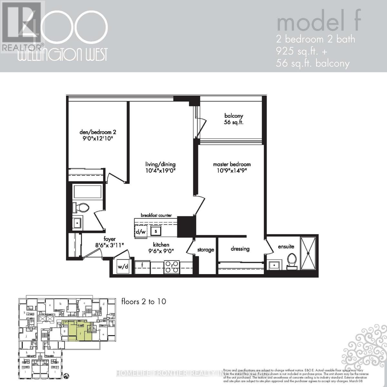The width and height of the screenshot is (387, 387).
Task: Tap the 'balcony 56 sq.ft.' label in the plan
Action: click(234, 119)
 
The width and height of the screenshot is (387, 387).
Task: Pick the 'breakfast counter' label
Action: click(156, 215)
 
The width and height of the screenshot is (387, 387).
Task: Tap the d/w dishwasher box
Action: click(141, 232)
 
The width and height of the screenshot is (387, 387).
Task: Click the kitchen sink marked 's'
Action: click(156, 231)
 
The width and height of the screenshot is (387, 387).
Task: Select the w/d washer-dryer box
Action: click(123, 266)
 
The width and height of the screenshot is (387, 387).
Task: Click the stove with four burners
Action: click(172, 266)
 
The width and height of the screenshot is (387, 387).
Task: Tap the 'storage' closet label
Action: click(206, 250)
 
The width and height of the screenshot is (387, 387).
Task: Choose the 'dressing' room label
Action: click(240, 249)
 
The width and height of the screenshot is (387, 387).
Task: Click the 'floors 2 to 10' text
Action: click(144, 302)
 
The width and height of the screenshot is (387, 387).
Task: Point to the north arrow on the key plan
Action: click(66, 375)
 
